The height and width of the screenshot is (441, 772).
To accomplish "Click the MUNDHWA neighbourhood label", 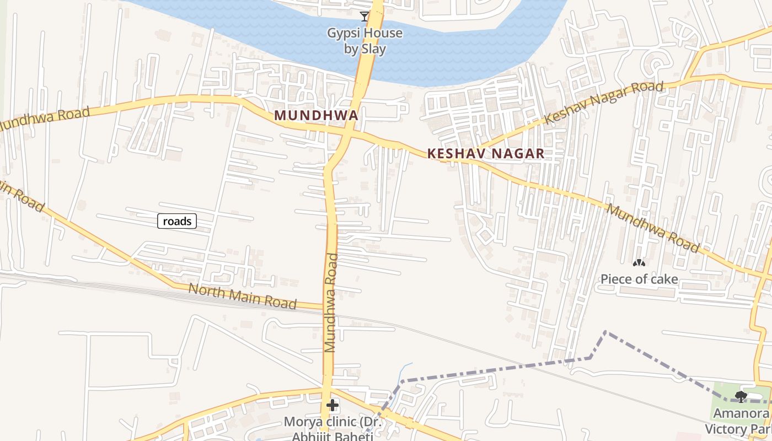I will point(316,115).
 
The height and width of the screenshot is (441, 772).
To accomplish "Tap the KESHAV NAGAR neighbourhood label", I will point(486,154).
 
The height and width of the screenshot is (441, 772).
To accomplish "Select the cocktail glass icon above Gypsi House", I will point(364,16).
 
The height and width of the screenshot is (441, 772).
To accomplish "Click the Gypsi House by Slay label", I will point(365,41).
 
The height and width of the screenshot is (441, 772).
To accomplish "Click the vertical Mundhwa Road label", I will point(331,302).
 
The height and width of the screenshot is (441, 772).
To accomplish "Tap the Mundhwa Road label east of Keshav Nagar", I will point(653,228).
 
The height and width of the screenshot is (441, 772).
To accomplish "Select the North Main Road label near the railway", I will point(242,297).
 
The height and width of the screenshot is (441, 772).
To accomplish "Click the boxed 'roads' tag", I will point(177,221).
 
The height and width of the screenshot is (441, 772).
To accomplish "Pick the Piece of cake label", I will point(639,279).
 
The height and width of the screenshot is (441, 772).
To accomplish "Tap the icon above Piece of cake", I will point(639,264).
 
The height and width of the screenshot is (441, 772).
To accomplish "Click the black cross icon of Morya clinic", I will point(332,406).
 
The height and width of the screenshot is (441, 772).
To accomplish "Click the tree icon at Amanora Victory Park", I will point(741,396).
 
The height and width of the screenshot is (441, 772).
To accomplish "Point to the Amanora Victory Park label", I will point(739,421).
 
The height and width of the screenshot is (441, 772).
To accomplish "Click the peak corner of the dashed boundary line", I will point(605,332).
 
